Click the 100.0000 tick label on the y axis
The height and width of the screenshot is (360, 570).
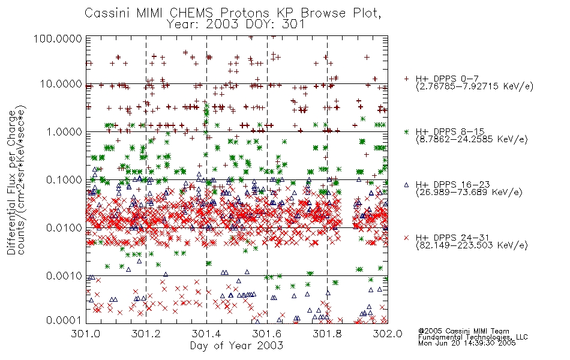click(x=58, y=38)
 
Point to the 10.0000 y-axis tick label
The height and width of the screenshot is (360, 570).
click(x=61, y=84)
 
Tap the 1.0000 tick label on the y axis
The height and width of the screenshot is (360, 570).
click(x=64, y=131)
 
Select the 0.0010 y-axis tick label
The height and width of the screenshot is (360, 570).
click(x=64, y=276)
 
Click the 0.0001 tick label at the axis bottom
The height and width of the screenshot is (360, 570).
click(x=64, y=320)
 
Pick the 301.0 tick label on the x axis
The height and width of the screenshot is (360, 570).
click(x=86, y=334)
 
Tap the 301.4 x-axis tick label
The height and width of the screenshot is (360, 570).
click(x=206, y=334)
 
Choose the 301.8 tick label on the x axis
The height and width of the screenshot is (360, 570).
click(x=327, y=334)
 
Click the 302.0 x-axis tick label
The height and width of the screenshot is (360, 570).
click(x=388, y=334)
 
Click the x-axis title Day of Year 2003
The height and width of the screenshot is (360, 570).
click(x=236, y=346)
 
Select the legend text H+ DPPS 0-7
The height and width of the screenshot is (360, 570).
click(x=447, y=79)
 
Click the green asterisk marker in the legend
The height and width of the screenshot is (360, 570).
click(x=406, y=132)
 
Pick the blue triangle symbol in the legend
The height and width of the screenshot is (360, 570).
click(x=406, y=185)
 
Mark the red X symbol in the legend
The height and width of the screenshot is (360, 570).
click(x=406, y=238)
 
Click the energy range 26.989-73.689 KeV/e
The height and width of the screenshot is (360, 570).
click(x=469, y=192)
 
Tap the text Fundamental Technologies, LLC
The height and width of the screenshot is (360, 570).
click(x=473, y=337)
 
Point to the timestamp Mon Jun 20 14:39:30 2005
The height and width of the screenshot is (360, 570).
click(x=467, y=343)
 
